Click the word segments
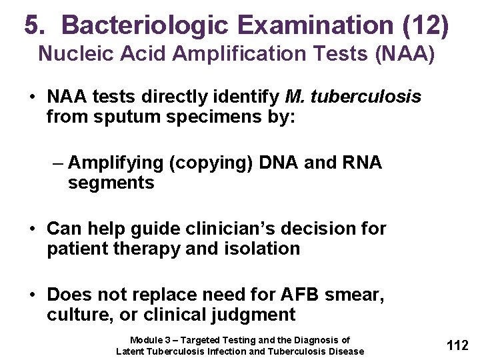pyautogui.click(x=111, y=183)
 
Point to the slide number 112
pyautogui.click(x=457, y=345)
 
